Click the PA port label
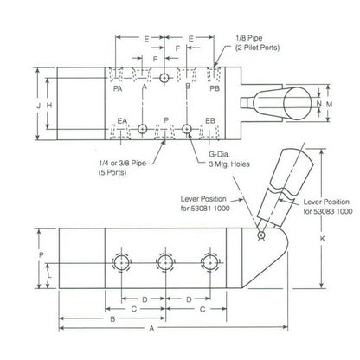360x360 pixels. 118,87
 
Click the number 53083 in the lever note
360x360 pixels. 314,209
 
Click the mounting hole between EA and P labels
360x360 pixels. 142,130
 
